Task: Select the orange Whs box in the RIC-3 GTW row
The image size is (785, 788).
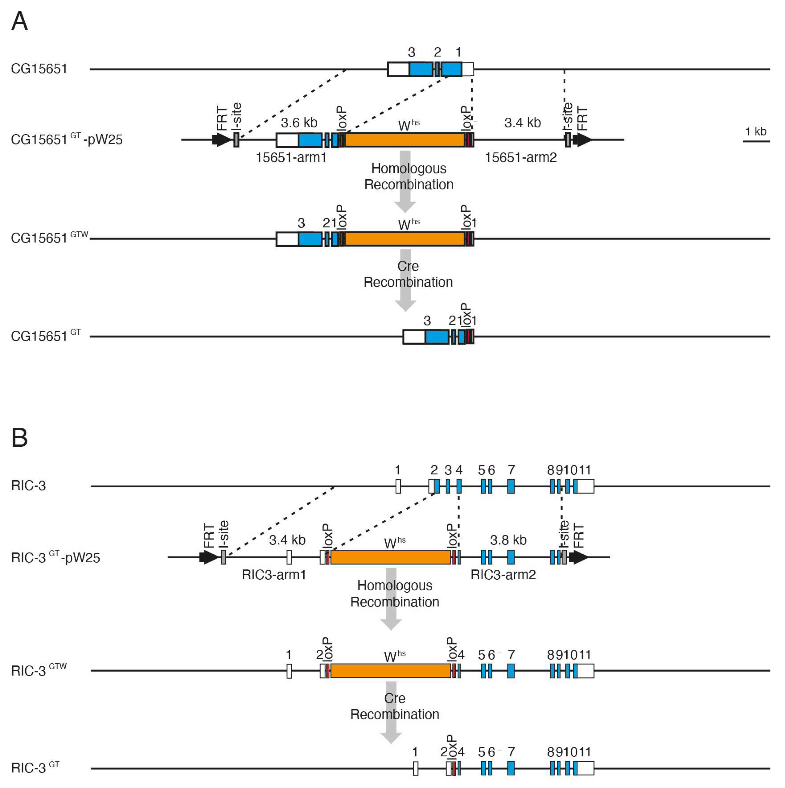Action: (390, 671)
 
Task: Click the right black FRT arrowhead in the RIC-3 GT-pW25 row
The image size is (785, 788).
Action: (579, 557)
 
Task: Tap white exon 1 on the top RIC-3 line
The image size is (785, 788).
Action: (398, 486)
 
